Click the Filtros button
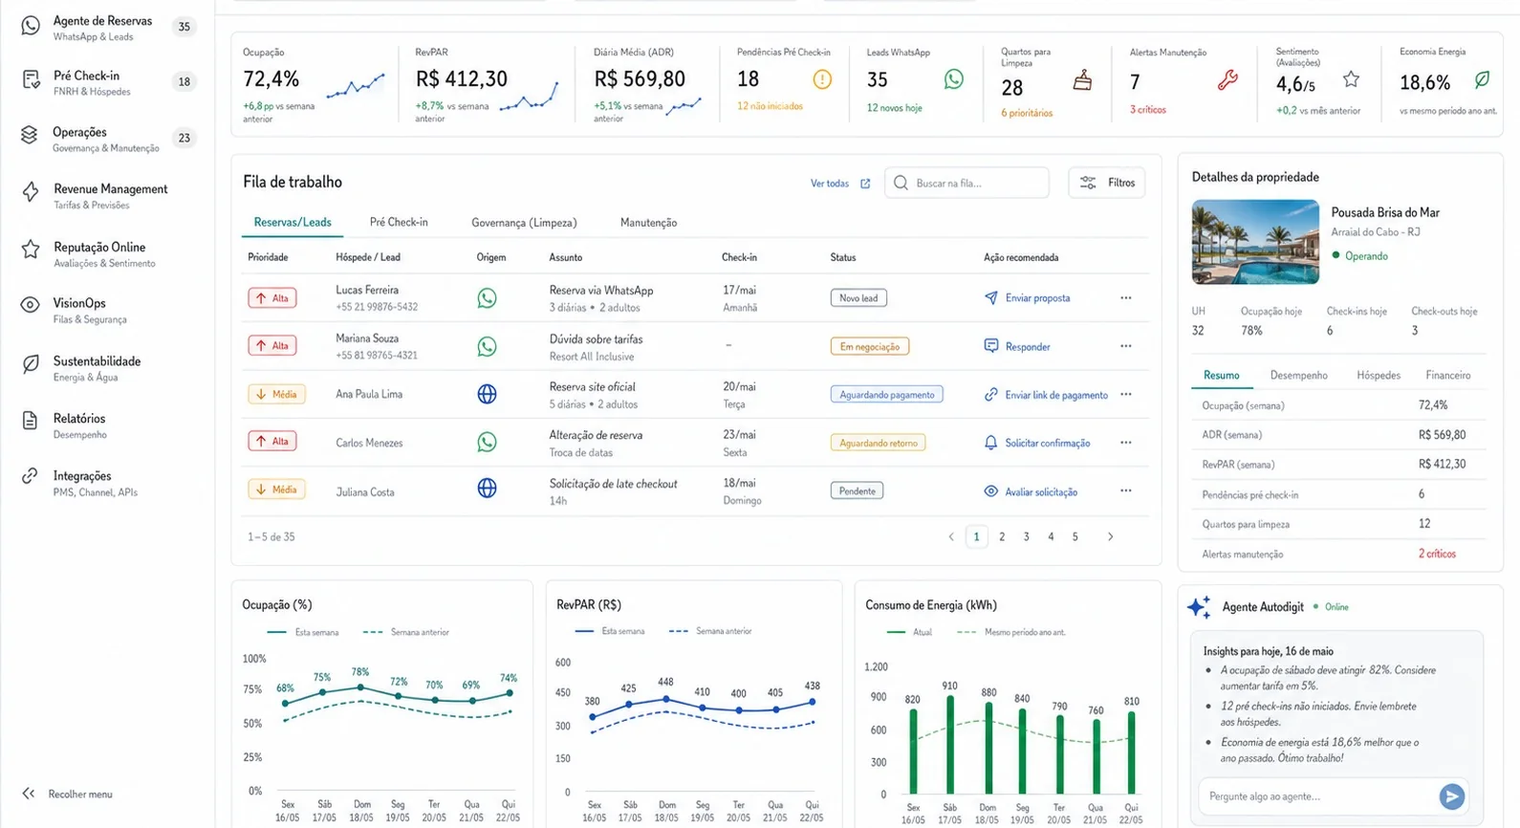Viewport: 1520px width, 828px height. coord(1107,183)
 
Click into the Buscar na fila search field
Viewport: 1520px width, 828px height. coord(966,184)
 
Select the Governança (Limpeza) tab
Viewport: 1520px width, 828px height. coord(524,223)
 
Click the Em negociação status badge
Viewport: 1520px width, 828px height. coord(869,346)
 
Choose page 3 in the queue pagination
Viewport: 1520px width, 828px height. coord(1026,536)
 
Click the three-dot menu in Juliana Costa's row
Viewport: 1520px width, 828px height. coord(1126,490)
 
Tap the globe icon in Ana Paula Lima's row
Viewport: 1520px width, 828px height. coord(487,394)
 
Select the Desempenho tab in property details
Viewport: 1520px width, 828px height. coord(1299,376)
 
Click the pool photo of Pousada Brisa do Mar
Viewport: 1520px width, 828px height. coord(1255,242)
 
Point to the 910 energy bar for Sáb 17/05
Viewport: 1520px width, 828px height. coord(950,745)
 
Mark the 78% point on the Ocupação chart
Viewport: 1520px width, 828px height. coord(360,687)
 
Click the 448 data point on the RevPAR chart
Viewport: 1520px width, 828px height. coord(666,699)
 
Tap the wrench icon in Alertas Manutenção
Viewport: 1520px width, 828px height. coord(1227,80)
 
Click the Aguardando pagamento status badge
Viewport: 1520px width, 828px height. coord(886,394)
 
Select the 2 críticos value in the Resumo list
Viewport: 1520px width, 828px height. coord(1437,554)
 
